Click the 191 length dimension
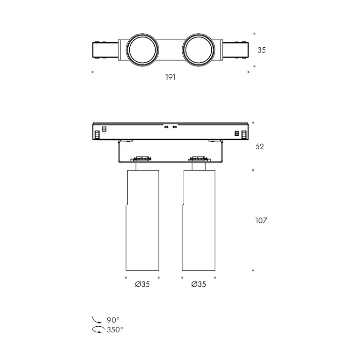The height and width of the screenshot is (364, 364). click(170, 77)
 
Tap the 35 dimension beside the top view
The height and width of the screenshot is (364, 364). click(261, 50)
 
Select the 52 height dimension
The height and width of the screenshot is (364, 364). click(259, 147)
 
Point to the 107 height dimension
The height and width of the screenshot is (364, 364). click(261, 220)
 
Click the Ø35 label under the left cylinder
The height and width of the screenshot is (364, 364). click(142, 284)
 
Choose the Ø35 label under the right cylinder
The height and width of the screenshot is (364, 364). click(199, 284)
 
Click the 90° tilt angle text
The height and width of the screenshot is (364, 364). click(113, 320)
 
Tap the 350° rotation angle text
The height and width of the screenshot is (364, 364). click(115, 329)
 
